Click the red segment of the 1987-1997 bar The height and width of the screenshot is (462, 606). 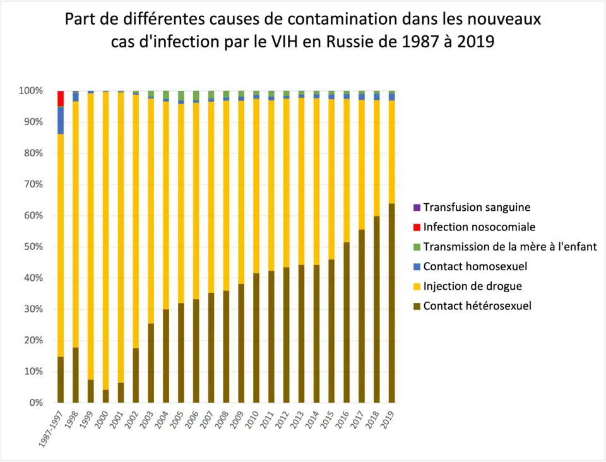click(61, 98)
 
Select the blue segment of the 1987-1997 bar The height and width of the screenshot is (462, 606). click(61, 120)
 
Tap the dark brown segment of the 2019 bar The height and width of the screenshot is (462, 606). click(391, 303)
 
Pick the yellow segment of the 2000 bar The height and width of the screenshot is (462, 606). click(105, 240)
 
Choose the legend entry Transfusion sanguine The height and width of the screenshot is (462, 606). click(477, 207)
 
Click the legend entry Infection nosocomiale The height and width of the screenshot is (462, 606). click(479, 227)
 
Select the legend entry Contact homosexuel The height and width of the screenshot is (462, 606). click(475, 266)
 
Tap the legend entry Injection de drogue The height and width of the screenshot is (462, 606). click(472, 286)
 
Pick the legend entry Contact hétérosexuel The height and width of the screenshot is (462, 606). click(477, 306)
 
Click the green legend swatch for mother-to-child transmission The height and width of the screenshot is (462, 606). click(416, 247)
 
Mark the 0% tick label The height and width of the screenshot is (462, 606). click(35, 403)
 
